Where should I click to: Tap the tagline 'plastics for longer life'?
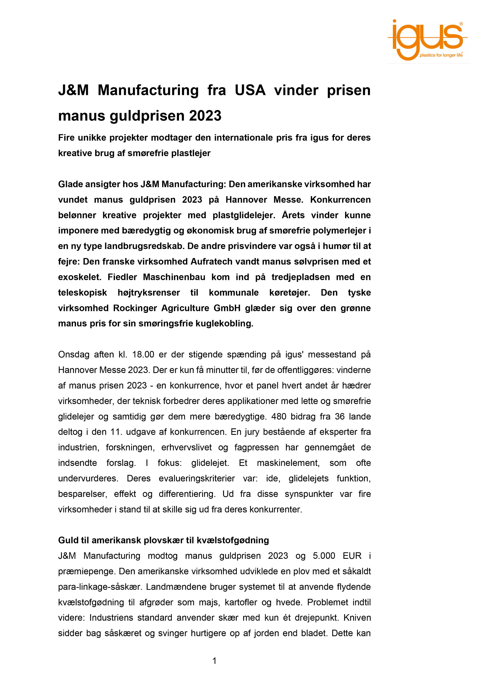(x=441, y=55)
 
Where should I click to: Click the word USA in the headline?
(x=250, y=90)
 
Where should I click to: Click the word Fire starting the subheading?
(x=66, y=138)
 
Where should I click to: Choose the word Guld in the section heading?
(x=67, y=540)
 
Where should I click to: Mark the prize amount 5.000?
(x=324, y=556)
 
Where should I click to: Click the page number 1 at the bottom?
(x=215, y=661)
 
